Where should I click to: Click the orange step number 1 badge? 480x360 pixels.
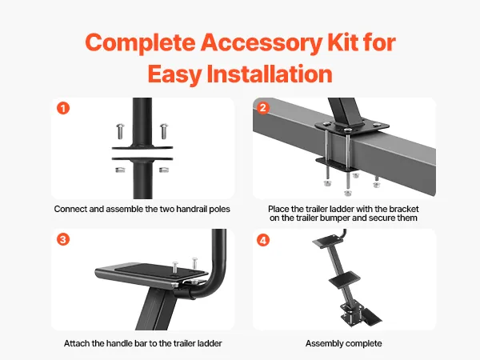coord(63,108)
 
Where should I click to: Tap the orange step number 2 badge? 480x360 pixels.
coord(262,107)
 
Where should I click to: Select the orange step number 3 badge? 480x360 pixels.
coord(63,239)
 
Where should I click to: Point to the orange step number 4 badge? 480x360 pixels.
coord(263,240)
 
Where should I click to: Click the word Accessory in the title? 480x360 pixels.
coord(262,42)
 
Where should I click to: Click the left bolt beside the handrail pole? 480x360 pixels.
coord(120,130)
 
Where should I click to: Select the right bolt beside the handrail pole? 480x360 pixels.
coord(164,130)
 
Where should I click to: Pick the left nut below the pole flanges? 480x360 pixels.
coord(120,170)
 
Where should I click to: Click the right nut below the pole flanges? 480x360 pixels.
coord(164,170)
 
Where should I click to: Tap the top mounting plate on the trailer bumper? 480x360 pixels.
coord(352,126)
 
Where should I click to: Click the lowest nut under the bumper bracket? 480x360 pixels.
coord(348,193)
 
